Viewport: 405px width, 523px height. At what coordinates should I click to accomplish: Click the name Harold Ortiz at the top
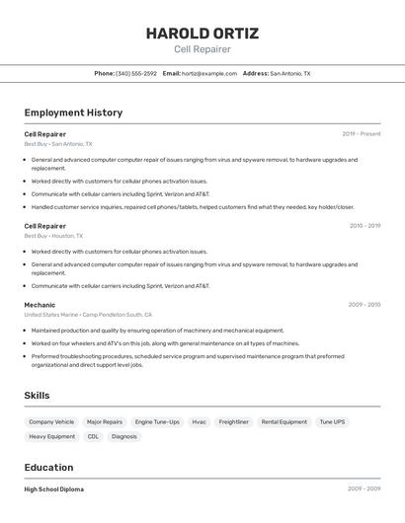(x=202, y=33)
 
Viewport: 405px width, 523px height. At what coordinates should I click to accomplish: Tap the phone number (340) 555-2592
(x=136, y=73)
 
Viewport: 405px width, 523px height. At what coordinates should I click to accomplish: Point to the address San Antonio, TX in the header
(x=290, y=73)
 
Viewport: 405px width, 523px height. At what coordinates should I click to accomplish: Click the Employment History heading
(x=73, y=112)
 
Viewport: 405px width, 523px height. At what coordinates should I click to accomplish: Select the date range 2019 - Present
(x=362, y=134)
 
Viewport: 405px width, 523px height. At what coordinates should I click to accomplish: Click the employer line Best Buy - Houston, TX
(x=53, y=236)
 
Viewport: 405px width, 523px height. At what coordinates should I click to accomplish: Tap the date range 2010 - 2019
(x=364, y=226)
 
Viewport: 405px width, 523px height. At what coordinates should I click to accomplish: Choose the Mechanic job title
(x=40, y=305)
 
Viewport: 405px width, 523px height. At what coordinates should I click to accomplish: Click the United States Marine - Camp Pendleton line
(x=88, y=315)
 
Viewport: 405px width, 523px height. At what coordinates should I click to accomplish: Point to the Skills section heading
(x=37, y=396)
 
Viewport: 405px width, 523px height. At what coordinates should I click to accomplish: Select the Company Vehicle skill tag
(x=51, y=421)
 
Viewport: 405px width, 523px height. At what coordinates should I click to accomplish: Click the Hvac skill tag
(x=200, y=421)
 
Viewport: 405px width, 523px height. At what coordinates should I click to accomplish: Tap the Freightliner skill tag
(x=234, y=421)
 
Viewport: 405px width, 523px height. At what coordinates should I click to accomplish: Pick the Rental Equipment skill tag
(x=284, y=421)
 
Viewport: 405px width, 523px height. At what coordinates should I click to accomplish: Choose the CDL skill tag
(x=93, y=436)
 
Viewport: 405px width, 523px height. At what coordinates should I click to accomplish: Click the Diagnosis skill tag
(x=124, y=436)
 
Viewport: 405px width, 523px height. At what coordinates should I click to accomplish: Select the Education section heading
(x=48, y=468)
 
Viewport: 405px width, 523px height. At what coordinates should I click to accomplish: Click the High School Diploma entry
(x=53, y=489)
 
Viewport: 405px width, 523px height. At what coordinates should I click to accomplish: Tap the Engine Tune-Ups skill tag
(x=157, y=421)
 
